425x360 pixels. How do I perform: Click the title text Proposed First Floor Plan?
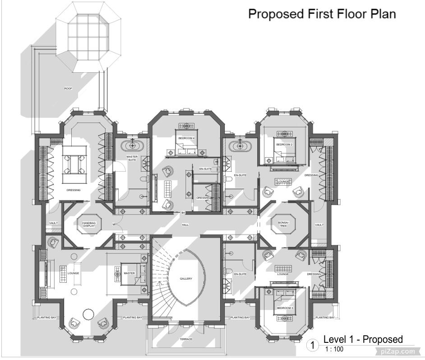(322, 14)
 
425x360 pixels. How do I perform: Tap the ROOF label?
(68, 89)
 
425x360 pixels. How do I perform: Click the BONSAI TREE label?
(283, 224)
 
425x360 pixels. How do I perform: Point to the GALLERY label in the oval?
(186, 279)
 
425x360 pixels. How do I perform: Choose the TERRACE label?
(186, 339)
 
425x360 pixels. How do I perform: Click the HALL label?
(185, 224)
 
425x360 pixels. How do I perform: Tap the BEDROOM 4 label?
(186, 138)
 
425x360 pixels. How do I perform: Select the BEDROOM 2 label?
(285, 144)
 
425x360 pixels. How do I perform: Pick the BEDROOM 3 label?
(285, 308)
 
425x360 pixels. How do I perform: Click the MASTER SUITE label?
(132, 159)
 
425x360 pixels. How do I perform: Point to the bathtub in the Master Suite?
(133, 146)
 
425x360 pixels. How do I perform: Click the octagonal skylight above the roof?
(88, 37)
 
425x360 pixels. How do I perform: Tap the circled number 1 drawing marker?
(313, 346)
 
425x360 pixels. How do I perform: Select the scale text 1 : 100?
(334, 349)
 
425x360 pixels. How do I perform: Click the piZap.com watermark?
(397, 351)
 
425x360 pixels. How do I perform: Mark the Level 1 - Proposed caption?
(363, 340)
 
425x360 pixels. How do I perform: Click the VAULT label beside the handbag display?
(54, 223)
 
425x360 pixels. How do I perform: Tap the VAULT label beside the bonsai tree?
(319, 224)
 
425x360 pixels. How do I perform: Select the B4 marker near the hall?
(183, 213)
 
